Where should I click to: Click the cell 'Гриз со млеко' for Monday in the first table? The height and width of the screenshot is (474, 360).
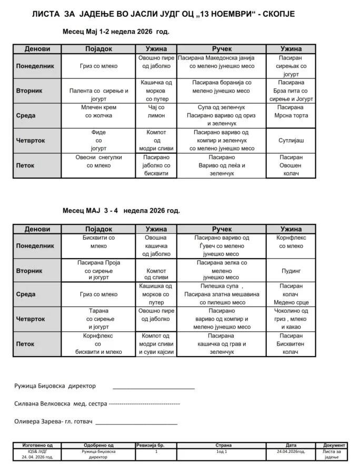(x=99, y=66)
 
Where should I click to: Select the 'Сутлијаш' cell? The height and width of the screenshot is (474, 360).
(x=291, y=141)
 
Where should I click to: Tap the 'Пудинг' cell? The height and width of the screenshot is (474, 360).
(x=291, y=271)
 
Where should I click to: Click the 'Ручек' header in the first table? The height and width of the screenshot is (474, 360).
(x=221, y=49)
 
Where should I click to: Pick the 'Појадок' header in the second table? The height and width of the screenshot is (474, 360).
(x=99, y=229)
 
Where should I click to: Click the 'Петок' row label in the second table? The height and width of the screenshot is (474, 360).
(x=25, y=344)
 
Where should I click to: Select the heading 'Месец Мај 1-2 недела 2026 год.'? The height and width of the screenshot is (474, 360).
(x=116, y=32)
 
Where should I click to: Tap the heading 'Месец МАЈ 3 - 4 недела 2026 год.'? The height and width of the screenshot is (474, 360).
(x=121, y=211)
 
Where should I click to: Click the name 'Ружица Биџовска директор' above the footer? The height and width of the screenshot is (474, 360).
(x=55, y=386)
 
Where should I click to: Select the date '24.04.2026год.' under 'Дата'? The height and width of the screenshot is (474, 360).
(x=291, y=452)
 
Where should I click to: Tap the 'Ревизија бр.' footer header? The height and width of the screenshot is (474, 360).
(x=156, y=446)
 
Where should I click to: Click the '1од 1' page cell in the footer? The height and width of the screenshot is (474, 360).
(x=221, y=452)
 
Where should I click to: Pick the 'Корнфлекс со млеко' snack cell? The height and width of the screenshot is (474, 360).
(x=291, y=242)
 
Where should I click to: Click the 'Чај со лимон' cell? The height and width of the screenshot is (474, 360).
(x=156, y=111)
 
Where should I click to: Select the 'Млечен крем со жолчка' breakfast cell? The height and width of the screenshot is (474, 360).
(x=99, y=111)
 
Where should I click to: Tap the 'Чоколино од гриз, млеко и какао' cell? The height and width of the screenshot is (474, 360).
(x=291, y=319)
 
